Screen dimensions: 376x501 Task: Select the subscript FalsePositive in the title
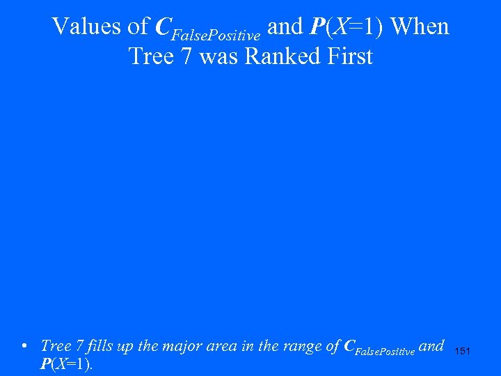click(x=216, y=34)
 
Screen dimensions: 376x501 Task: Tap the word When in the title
click(x=420, y=27)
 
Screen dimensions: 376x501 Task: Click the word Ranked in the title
click(x=280, y=56)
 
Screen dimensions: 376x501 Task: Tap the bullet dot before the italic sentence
click(x=24, y=346)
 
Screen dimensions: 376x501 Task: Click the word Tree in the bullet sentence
click(x=54, y=345)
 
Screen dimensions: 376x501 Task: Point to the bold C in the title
click(x=163, y=27)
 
